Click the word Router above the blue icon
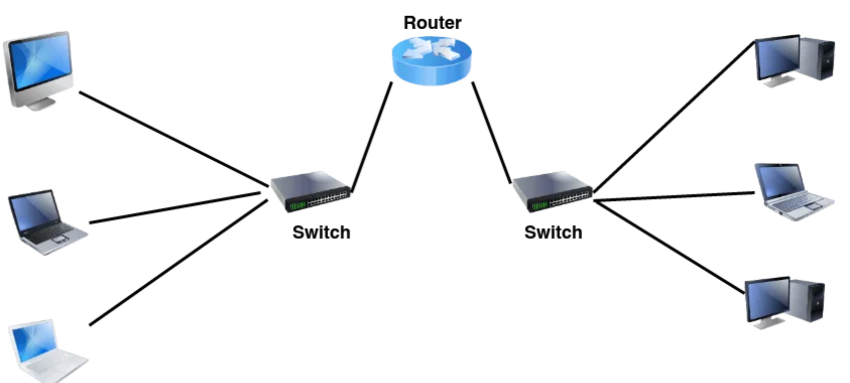[432, 23]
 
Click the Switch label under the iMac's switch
[321, 232]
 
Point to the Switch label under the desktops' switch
[553, 232]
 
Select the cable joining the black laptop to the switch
[174, 208]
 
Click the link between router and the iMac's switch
[372, 137]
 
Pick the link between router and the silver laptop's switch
[492, 132]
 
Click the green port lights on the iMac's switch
[297, 205]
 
